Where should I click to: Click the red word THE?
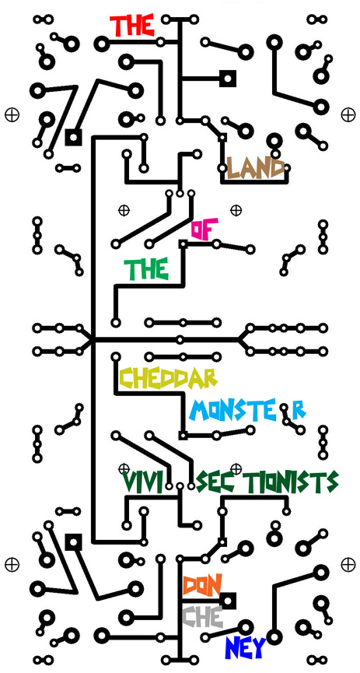coord(131,26)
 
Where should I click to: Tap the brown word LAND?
coord(255,168)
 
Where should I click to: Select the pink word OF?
coord(204,229)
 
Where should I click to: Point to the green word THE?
coord(146,269)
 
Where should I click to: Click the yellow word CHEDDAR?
coord(168,378)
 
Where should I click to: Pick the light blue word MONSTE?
coord(232,410)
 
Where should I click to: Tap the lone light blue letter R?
coord(299,411)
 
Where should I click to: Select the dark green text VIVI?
coord(142,482)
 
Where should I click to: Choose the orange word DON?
coord(202,584)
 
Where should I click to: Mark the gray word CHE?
coord(202,617)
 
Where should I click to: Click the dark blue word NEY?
coord(246,647)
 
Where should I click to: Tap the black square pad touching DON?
coord(228,601)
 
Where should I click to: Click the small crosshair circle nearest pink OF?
coord(236,210)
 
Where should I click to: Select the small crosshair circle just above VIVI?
coord(124,468)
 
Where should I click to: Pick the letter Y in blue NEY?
coord(259,647)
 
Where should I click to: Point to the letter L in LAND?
coord(232,168)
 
